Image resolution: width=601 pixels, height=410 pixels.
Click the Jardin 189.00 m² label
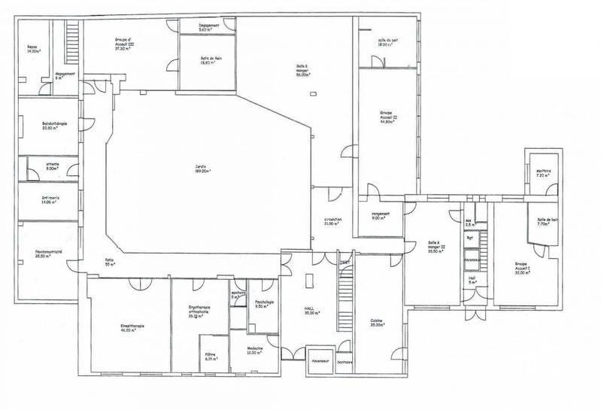pos(199,169)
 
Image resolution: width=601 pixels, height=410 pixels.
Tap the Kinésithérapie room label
pos(127,328)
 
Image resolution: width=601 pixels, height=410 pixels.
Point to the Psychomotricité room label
pos(37,253)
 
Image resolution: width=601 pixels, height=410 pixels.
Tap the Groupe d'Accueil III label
pos(126,42)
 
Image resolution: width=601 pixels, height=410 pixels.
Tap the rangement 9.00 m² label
pos(380,214)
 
